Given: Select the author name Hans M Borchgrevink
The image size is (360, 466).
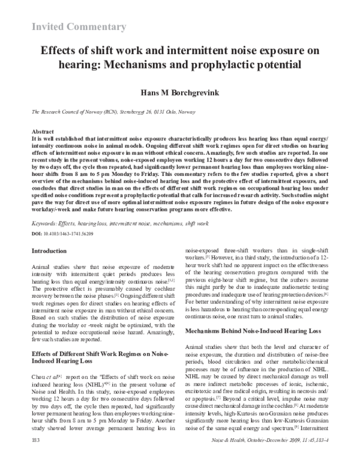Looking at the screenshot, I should [x=179, y=94].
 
